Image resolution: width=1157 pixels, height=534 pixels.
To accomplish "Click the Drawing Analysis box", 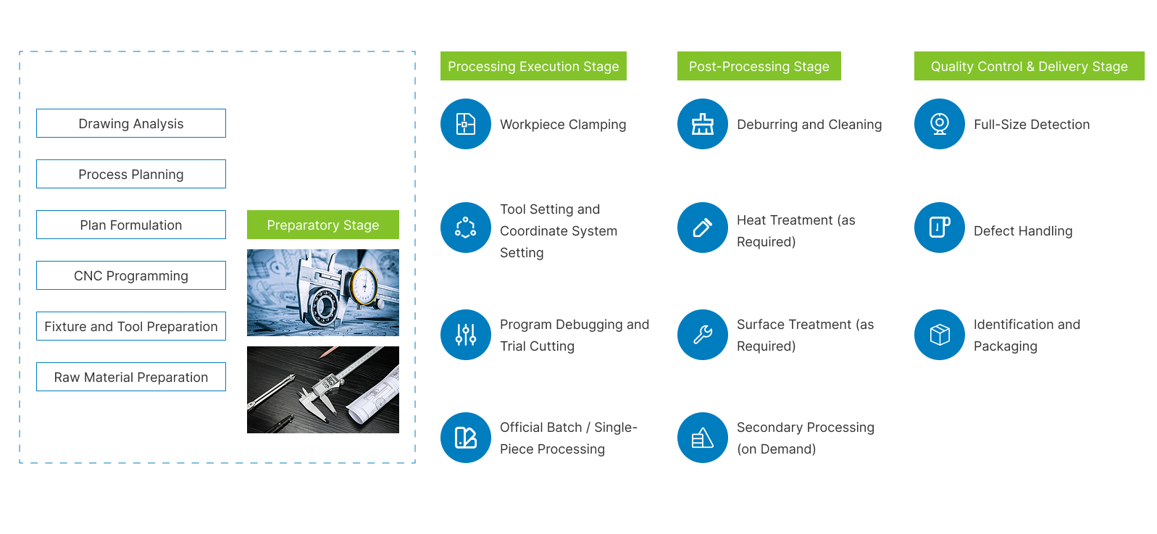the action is [131, 123].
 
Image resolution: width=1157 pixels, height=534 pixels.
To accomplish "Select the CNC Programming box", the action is [131, 275].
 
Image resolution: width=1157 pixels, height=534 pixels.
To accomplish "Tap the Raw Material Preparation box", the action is [131, 377].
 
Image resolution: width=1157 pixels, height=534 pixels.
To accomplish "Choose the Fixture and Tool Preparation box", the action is [131, 326].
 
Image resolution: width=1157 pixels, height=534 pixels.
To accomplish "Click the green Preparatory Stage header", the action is [323, 225].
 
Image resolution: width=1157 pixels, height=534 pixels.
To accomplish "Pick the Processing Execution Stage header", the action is [533, 66].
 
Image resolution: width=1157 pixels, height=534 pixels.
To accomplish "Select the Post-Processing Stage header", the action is [759, 66].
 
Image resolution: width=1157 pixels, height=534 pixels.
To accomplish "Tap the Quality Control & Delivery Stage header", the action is [1029, 66].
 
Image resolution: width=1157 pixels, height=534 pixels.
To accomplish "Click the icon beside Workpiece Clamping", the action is [465, 124].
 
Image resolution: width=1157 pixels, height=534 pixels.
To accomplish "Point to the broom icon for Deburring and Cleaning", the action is [703, 124].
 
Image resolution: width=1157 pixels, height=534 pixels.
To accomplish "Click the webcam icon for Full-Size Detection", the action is [940, 124].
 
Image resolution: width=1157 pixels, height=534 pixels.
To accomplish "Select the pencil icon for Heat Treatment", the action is [703, 228].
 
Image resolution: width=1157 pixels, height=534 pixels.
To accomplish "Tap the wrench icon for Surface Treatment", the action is [703, 335].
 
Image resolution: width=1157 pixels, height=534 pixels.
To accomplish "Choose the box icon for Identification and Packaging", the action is [940, 335].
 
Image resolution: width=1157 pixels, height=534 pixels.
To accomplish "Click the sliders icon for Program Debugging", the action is [465, 335].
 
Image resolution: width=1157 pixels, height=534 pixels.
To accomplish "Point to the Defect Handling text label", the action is [1023, 231].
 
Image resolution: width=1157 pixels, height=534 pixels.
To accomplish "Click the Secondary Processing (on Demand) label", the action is [805, 438].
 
